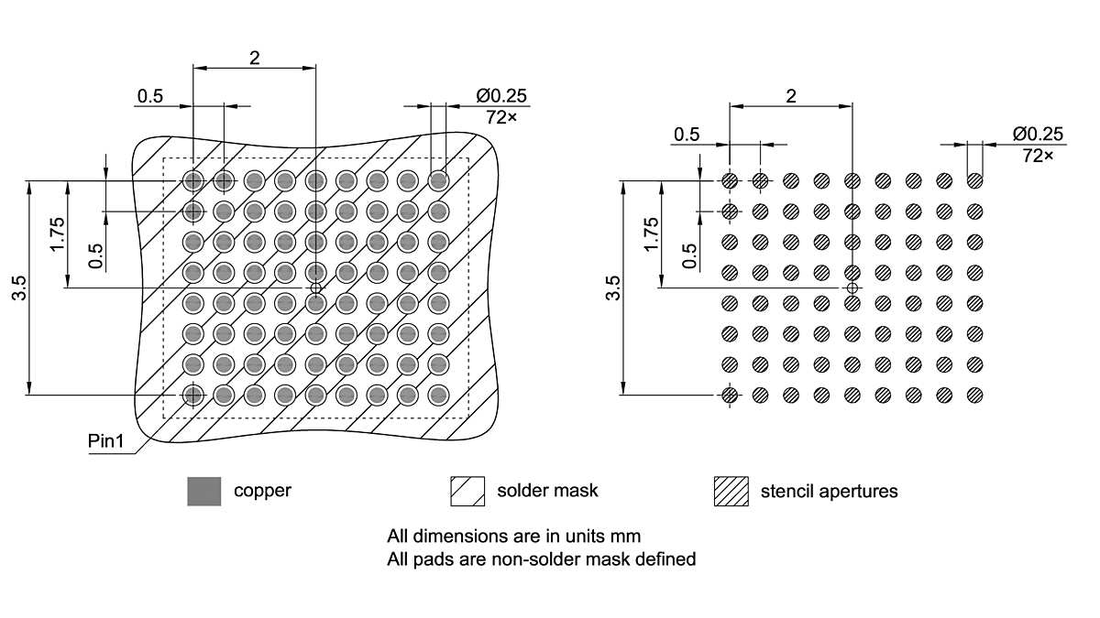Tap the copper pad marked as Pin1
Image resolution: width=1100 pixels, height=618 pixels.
point(192,395)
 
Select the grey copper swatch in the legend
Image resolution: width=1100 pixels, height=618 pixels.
point(203,492)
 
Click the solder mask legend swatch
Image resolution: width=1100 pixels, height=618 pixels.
point(467,492)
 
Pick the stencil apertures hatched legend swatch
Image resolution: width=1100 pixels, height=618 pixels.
point(731,492)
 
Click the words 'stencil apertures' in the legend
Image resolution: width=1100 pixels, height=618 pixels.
point(829,492)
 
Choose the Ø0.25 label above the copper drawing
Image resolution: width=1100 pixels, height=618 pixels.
point(501,96)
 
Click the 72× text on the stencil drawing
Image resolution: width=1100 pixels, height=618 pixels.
point(1038,156)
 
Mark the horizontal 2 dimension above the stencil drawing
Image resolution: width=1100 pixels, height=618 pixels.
point(791,95)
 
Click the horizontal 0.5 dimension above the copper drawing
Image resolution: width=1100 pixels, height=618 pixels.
point(150,96)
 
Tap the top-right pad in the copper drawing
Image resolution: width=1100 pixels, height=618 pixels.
point(438,180)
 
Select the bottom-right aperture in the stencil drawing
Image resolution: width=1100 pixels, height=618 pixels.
point(974,395)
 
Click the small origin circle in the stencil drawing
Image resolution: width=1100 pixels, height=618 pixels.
point(852,287)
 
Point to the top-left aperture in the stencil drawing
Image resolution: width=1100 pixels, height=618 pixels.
point(730,180)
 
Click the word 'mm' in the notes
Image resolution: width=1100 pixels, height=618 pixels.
point(654,536)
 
